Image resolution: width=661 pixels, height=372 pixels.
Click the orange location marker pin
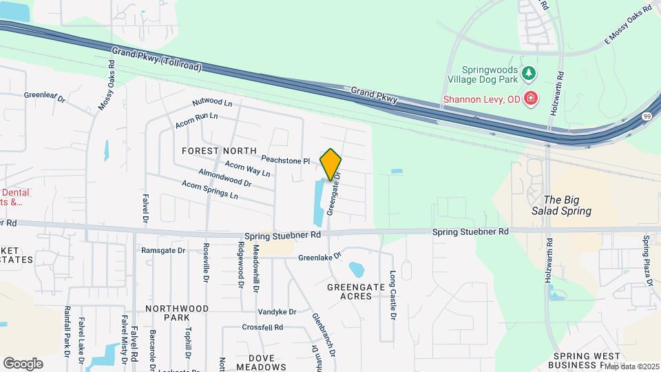click(x=331, y=164)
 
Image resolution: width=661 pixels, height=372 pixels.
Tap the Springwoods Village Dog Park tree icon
click(x=529, y=72)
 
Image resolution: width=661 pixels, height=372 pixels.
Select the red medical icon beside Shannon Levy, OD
click(x=530, y=99)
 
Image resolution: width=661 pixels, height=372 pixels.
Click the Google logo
click(x=23, y=363)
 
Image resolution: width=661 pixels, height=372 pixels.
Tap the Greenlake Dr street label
click(x=319, y=258)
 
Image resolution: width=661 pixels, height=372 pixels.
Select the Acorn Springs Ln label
click(x=209, y=190)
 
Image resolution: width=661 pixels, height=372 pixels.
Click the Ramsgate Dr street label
click(x=161, y=249)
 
